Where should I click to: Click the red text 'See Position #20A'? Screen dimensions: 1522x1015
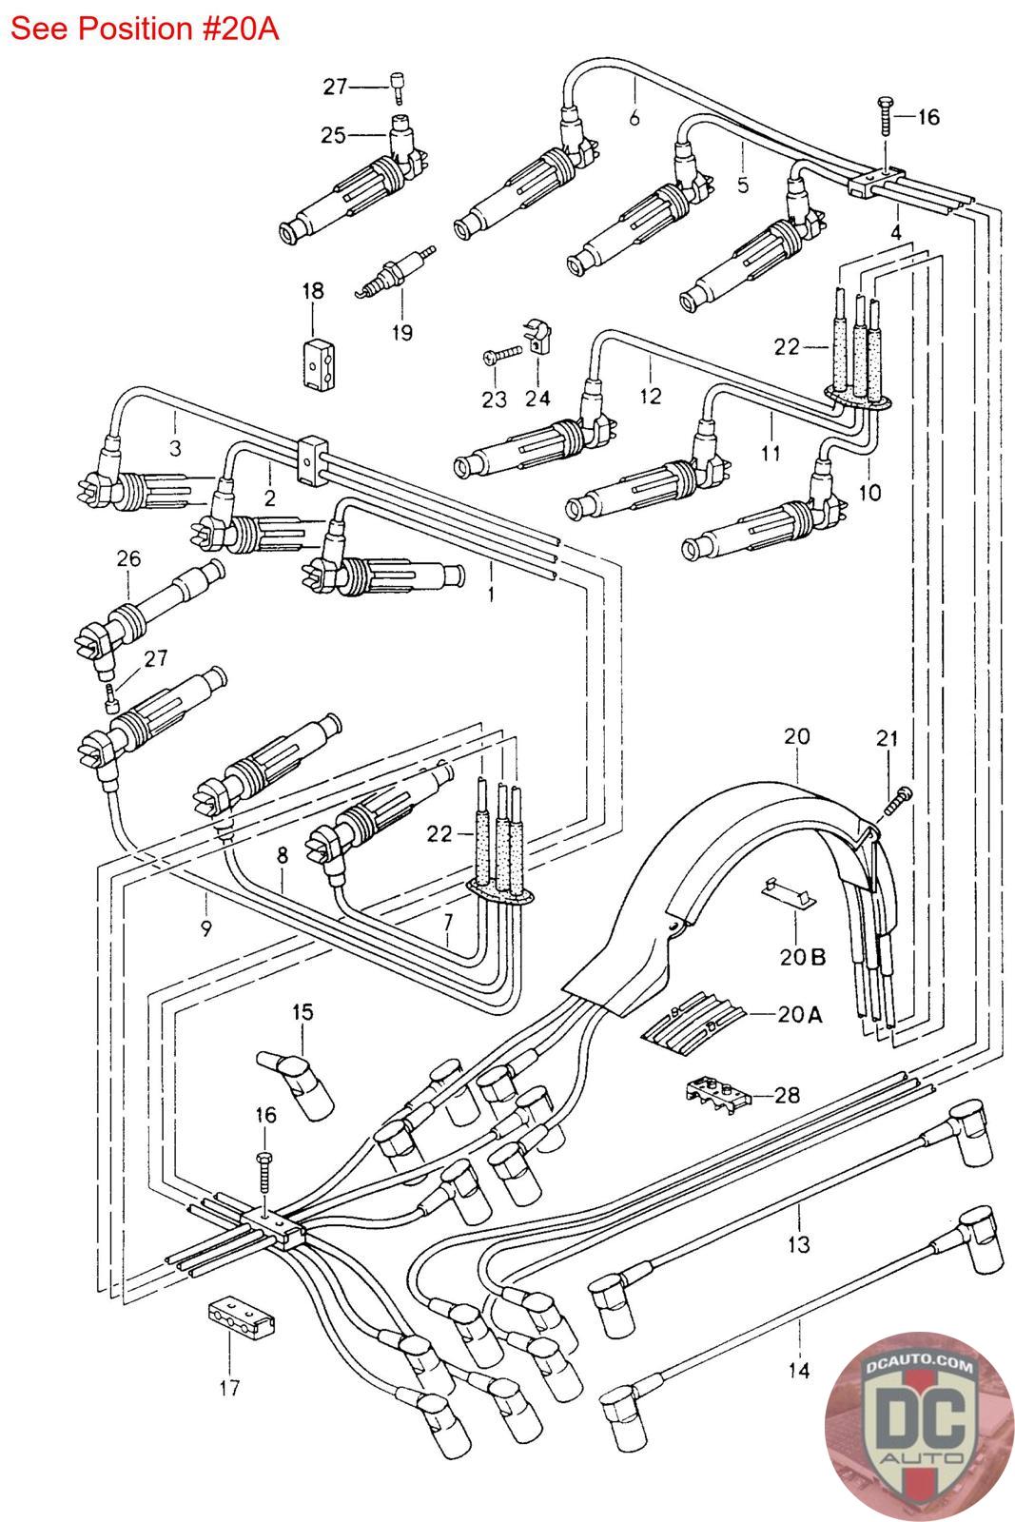[x=144, y=29]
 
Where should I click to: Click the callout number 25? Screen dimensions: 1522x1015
[x=333, y=136]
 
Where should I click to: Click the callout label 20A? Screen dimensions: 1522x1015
[x=799, y=1014]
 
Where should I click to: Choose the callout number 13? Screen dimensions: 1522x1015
[x=798, y=1243]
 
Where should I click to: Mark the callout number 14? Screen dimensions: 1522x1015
[x=799, y=1370]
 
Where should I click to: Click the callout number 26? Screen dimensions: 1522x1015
[x=128, y=558]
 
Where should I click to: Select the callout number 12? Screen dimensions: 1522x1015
[x=650, y=396]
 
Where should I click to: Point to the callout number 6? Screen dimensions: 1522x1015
[x=634, y=118]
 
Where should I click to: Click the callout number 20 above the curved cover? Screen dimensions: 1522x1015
[x=796, y=735]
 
